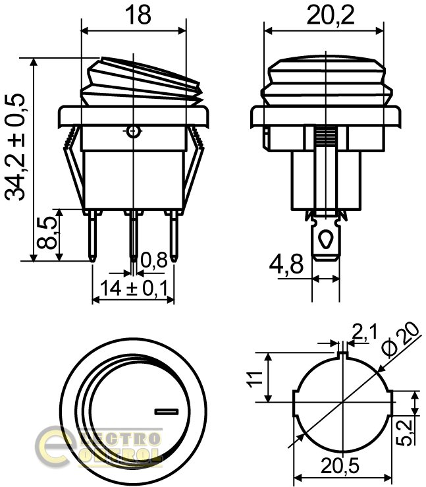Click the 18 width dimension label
click(138, 15)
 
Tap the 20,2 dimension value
click(330, 15)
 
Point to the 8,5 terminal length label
click(47, 233)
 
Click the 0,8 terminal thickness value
click(154, 260)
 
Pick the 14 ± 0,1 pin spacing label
click(134, 288)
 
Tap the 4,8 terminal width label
click(286, 265)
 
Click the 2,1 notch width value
click(364, 331)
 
